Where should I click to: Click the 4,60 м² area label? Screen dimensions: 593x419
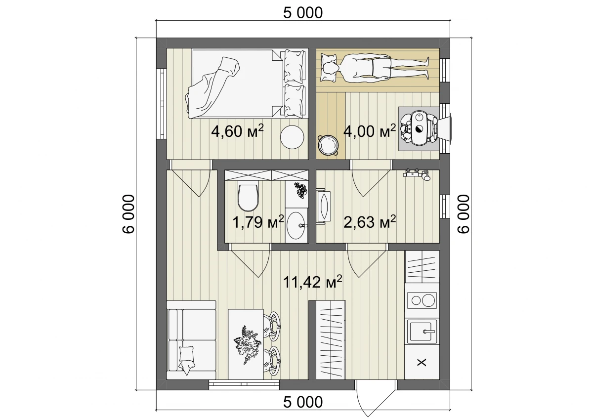click(x=238, y=131)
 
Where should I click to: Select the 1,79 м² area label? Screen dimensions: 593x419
click(x=258, y=222)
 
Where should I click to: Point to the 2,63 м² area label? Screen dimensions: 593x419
click(x=370, y=222)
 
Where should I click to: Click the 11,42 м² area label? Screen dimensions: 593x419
click(x=312, y=282)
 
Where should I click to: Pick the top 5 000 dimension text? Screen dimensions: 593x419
click(x=303, y=13)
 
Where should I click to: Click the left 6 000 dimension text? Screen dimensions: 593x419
click(x=129, y=214)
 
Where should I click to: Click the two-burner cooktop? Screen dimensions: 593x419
click(x=422, y=300)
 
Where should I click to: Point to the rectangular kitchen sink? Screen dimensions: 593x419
click(x=422, y=331)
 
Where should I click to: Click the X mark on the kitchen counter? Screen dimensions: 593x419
click(x=422, y=362)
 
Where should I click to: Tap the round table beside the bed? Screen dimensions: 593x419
click(x=292, y=137)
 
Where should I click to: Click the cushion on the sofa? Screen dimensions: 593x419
click(x=187, y=360)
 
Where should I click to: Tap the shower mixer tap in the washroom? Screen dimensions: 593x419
click(x=417, y=174)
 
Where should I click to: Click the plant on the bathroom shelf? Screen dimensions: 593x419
click(x=300, y=189)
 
